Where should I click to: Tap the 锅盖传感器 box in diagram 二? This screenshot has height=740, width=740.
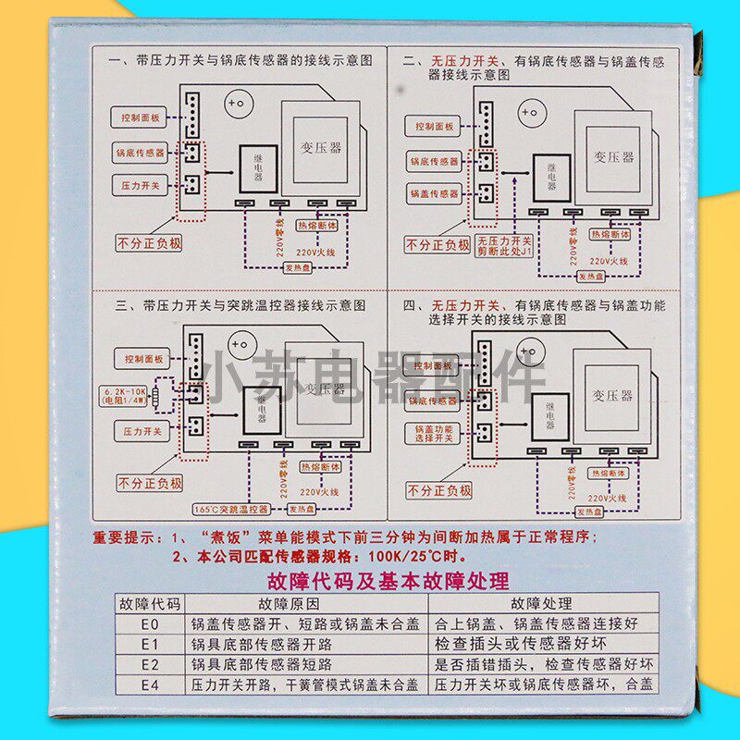pyautogui.click(x=435, y=194)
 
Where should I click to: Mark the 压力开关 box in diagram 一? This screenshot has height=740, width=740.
pyautogui.click(x=142, y=185)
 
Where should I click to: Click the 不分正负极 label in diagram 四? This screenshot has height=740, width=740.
pyautogui.click(x=439, y=490)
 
